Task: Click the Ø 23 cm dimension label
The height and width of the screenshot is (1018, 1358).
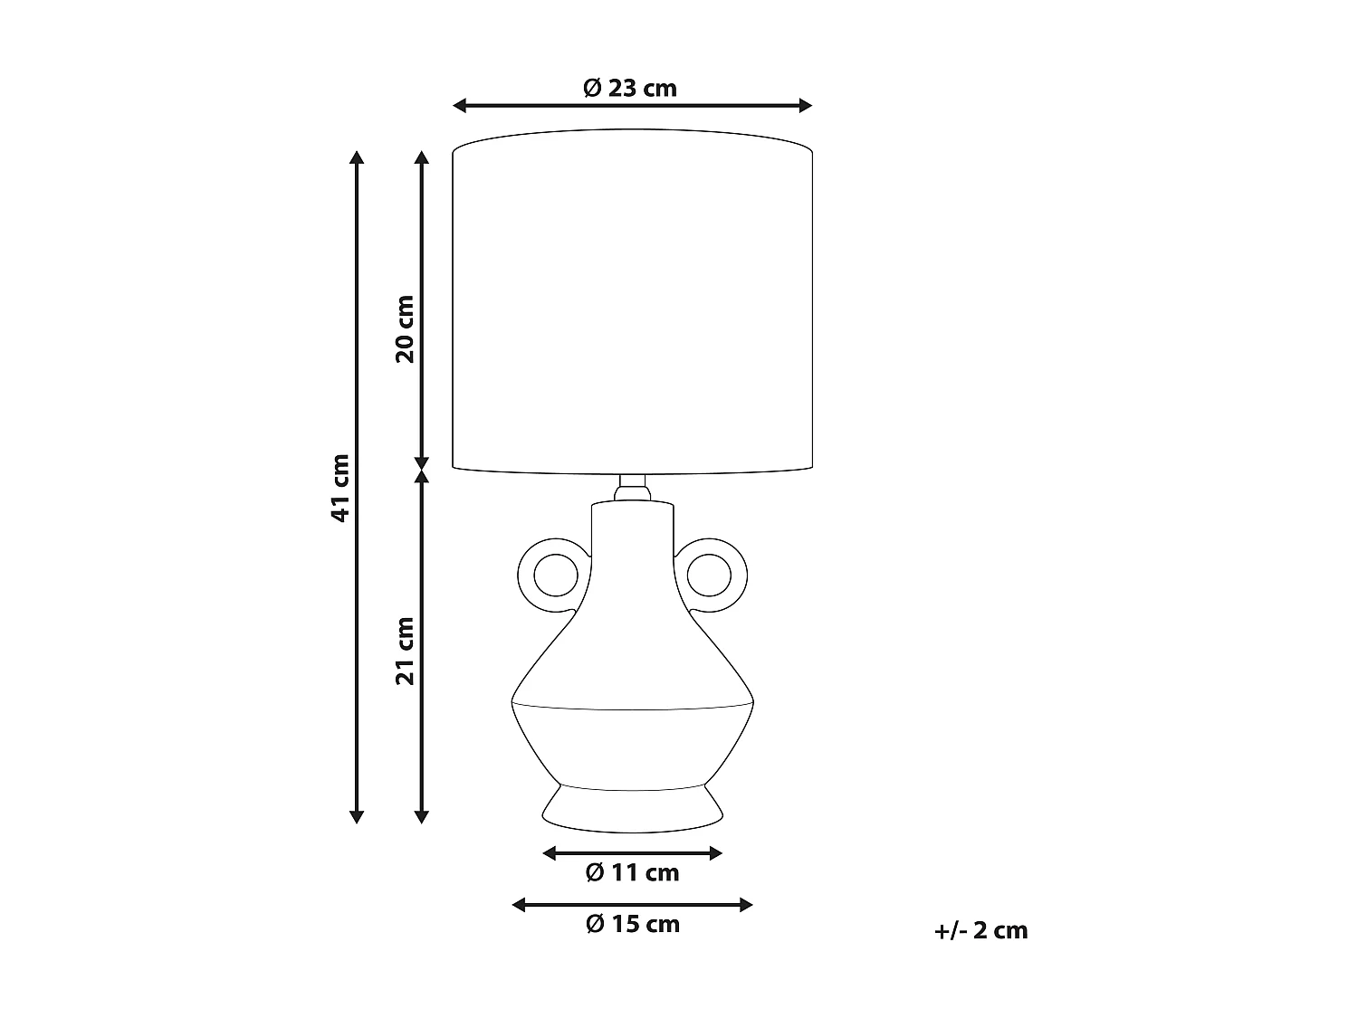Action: pos(631,88)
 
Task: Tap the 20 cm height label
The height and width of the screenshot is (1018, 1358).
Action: pos(405,328)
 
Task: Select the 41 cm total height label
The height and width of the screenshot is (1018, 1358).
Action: pos(340,488)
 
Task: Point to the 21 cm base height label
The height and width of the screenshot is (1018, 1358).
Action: pos(405,651)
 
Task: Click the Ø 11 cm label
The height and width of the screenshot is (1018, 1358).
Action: pos(632,872)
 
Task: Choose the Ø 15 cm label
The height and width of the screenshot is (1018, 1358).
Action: pos(632,924)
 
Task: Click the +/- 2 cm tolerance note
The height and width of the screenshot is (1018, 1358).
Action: pos(981,930)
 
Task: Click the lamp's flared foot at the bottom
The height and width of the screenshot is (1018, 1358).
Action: pos(632,807)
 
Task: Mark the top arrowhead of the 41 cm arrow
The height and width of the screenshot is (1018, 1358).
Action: pos(357,158)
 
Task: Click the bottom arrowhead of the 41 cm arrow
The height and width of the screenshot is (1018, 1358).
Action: pos(357,816)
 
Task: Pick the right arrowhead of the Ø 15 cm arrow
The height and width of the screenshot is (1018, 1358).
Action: pos(746,905)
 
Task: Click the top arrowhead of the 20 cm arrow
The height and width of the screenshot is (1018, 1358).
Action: pos(421,158)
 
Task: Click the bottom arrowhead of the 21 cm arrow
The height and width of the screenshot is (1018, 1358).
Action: pos(421,816)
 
